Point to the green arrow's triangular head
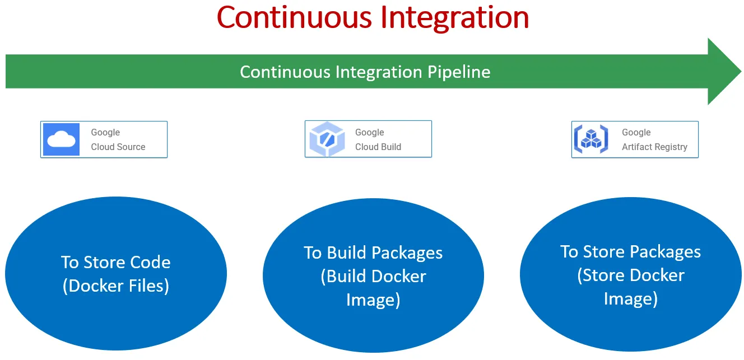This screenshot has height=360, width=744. click(723, 71)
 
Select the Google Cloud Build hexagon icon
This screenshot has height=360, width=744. click(326, 139)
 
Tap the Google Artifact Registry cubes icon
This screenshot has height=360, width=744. click(591, 139)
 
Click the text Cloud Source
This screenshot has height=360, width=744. click(118, 147)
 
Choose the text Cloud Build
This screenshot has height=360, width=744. click(378, 147)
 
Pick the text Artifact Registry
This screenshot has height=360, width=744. click(654, 147)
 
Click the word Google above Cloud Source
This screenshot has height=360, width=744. click(105, 132)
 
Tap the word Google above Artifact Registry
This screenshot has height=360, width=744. click(636, 132)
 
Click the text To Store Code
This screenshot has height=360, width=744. click(116, 262)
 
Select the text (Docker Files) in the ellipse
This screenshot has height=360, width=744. click(116, 286)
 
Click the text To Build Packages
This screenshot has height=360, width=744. click(373, 253)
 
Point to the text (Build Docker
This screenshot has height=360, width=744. click(373, 276)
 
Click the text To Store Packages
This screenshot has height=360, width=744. click(630, 251)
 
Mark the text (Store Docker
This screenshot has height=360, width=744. click(630, 275)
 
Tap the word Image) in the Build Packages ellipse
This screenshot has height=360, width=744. click(373, 300)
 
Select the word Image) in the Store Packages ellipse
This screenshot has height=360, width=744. click(630, 299)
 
